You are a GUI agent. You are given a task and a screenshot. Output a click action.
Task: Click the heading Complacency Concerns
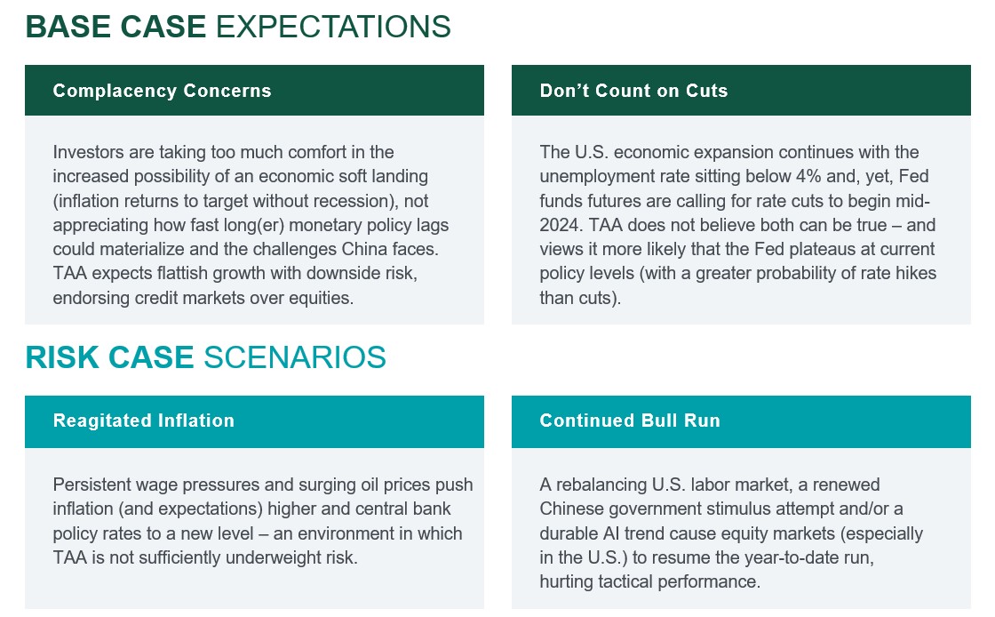[162, 91]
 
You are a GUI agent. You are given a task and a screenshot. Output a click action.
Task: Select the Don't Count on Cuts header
[633, 91]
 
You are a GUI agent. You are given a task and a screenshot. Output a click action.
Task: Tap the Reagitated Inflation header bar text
[144, 421]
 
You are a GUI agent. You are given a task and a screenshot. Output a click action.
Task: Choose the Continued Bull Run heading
[630, 421]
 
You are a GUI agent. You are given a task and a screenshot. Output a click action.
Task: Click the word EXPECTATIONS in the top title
[333, 27]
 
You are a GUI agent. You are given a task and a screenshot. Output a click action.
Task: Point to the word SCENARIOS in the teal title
[295, 357]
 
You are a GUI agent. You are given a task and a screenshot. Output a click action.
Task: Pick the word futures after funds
[616, 201]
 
